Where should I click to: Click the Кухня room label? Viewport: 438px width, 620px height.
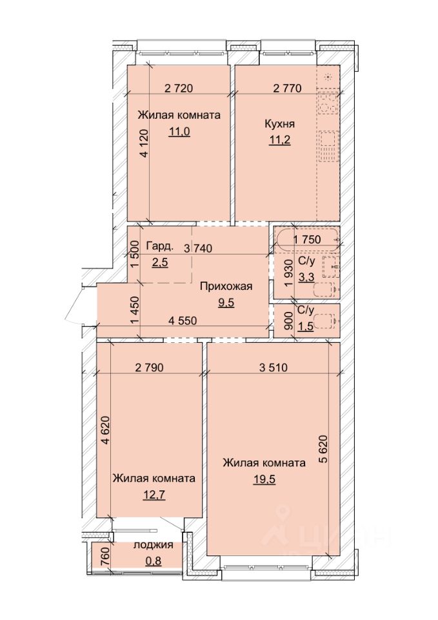[x=279, y=124]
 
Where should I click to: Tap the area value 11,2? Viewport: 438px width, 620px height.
[x=279, y=140]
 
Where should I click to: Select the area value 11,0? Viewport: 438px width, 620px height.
[x=179, y=131]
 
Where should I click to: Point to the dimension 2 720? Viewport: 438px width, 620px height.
[x=179, y=88]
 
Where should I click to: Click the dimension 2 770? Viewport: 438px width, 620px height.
[x=288, y=88]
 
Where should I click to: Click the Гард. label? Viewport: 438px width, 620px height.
[x=159, y=247]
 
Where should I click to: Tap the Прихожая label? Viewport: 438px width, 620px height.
[x=226, y=286]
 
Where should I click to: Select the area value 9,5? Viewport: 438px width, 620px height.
[x=226, y=303]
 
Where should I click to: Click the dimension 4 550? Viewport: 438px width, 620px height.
[x=183, y=321]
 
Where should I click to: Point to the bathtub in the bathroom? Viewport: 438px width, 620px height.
[x=307, y=240]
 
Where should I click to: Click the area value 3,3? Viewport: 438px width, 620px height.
[x=306, y=277]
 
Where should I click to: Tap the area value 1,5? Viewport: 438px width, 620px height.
[x=306, y=327]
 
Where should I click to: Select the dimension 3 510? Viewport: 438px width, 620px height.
[x=274, y=367]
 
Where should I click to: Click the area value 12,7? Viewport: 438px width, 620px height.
[x=154, y=495]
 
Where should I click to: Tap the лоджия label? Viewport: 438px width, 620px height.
[x=154, y=544]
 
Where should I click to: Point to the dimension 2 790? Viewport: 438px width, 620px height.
[x=149, y=367]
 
